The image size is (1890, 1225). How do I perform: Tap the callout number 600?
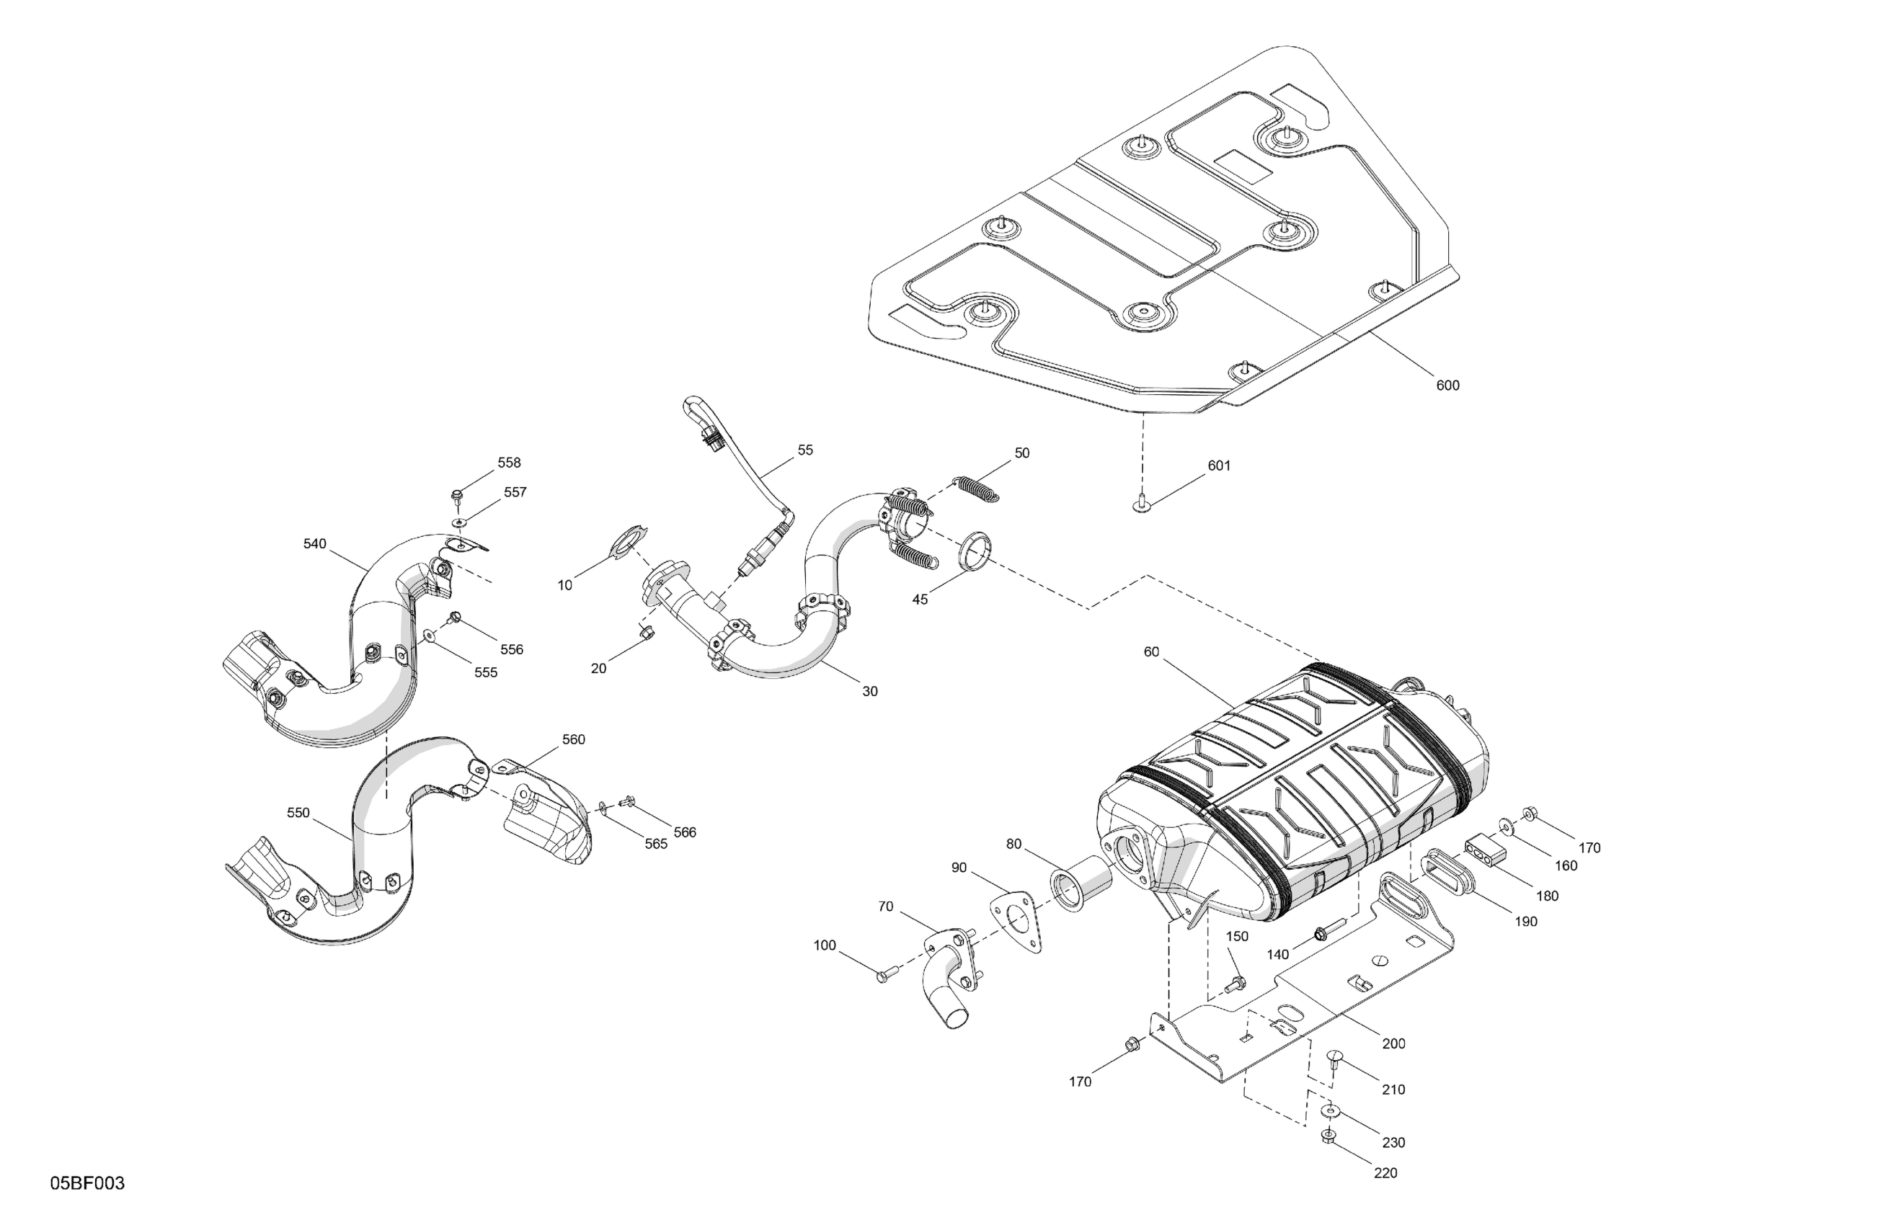(x=1447, y=386)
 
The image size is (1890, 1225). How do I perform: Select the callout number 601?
(x=1219, y=466)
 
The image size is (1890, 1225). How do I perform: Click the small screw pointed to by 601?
(x=1140, y=504)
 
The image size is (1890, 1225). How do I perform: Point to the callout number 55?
(x=805, y=450)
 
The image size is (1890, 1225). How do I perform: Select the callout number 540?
(x=314, y=544)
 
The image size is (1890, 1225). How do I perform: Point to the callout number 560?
(x=573, y=739)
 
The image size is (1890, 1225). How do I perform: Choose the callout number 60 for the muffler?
(x=1151, y=652)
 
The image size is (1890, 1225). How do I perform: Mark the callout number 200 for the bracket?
(x=1393, y=1044)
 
